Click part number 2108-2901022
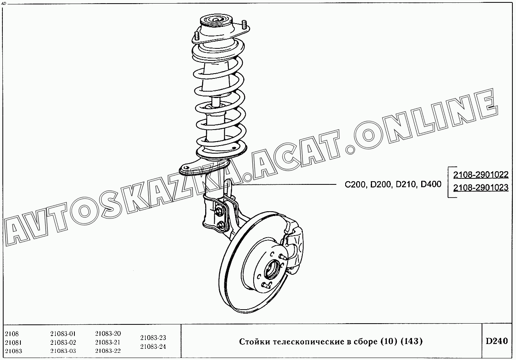481,175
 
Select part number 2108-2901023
481,188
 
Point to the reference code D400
431,184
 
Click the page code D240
497,341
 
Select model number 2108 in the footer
12,334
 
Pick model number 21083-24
153,346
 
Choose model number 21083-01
63,334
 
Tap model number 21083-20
108,333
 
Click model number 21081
13,342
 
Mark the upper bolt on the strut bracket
218,210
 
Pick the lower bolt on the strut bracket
220,225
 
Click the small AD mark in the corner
4,4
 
